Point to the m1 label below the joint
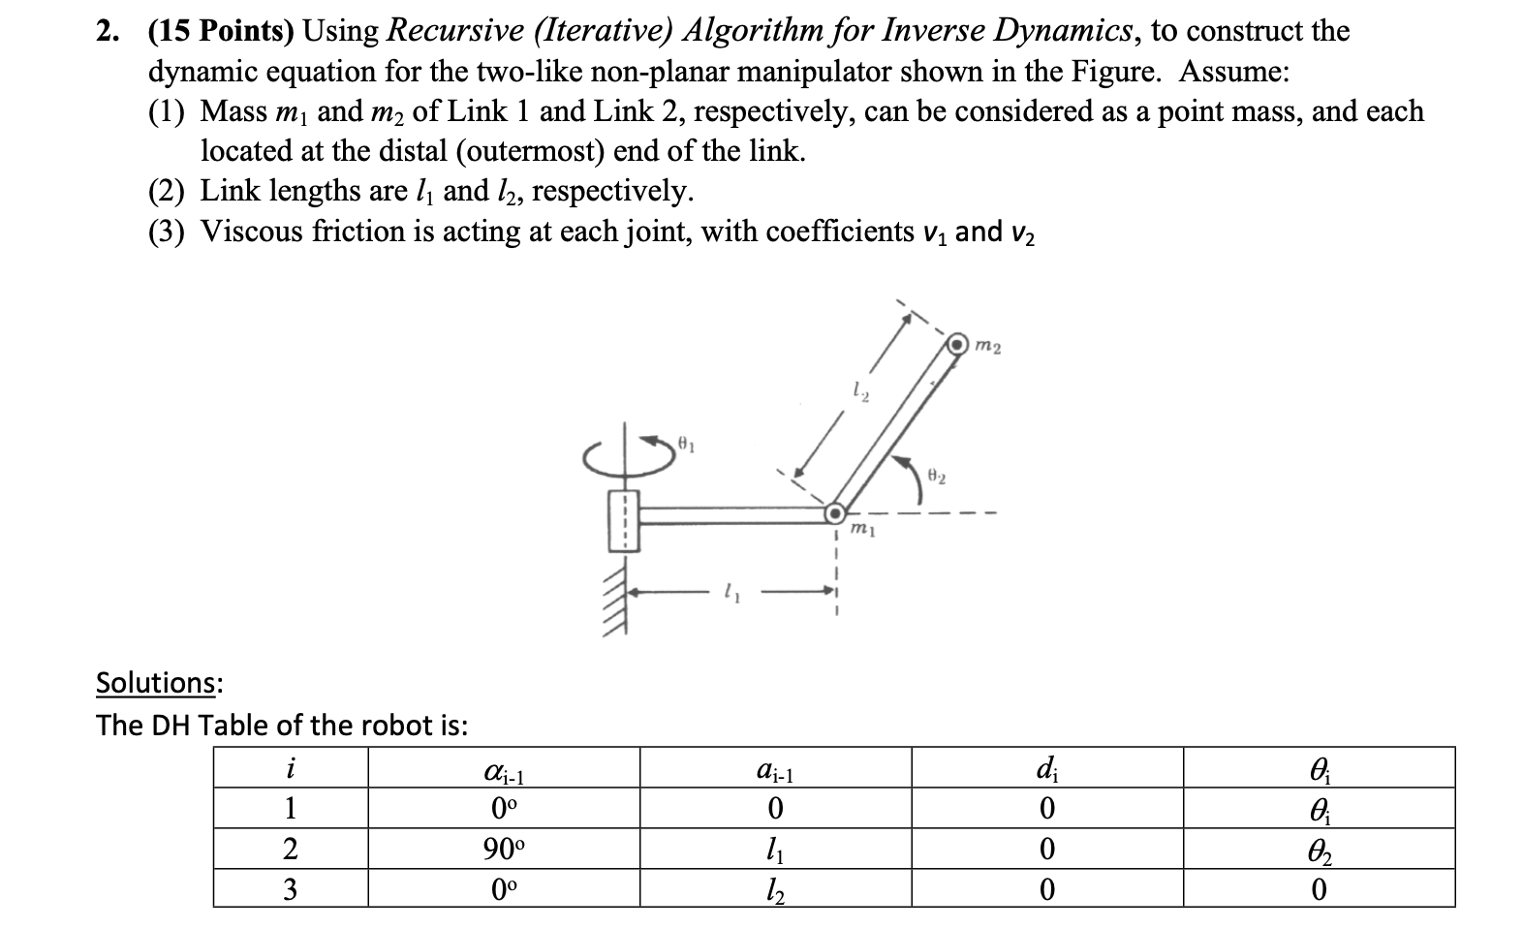coord(863,531)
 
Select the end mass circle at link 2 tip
coord(959,344)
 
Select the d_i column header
coord(1046,768)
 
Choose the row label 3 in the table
coord(290,889)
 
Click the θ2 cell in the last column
coord(1319,850)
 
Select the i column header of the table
coord(290,768)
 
